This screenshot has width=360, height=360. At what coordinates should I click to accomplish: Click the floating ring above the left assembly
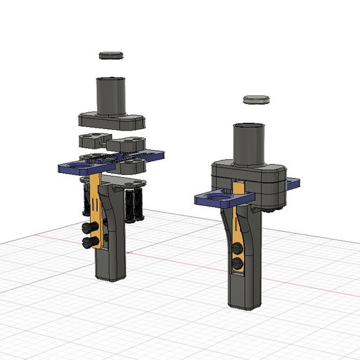coord(110,54)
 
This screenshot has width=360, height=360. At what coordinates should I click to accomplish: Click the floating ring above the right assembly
coord(256,100)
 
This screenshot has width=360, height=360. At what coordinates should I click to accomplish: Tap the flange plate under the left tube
coord(112,123)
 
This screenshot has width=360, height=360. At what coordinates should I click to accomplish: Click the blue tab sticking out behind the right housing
coord(293,183)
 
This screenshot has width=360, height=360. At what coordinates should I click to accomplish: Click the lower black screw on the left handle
coord(90,241)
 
